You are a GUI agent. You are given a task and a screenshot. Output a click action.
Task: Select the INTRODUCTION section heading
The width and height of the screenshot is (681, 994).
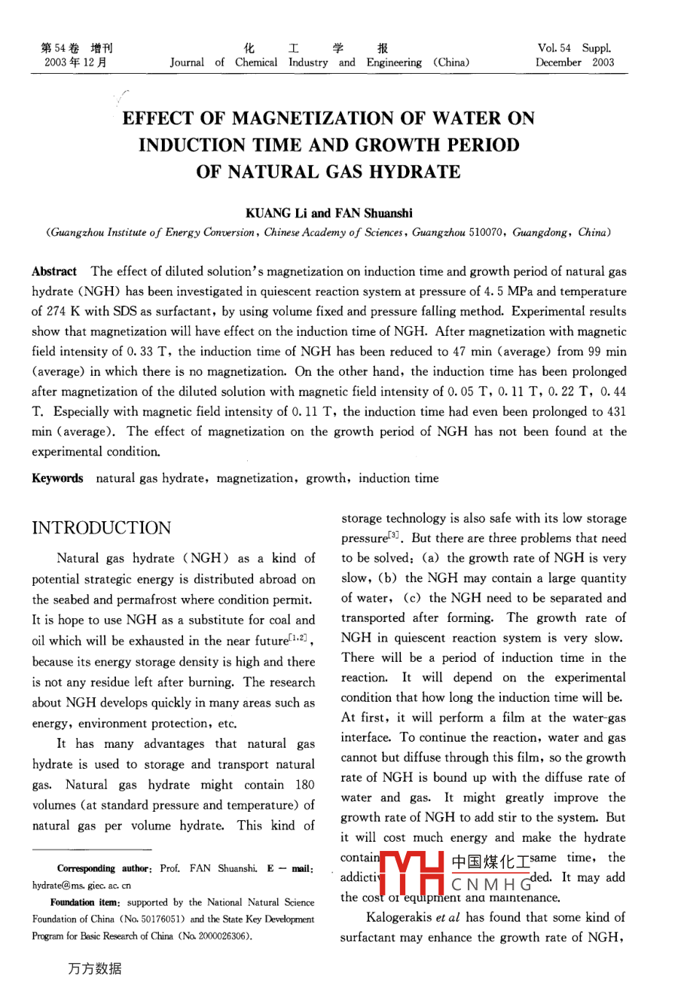coord(102,528)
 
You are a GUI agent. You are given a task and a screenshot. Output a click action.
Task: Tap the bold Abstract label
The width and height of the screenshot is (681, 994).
coord(54,271)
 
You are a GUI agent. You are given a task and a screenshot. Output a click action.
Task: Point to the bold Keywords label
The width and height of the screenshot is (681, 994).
coord(57,478)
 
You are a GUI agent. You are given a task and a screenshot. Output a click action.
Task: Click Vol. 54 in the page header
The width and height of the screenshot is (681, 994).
coord(554,48)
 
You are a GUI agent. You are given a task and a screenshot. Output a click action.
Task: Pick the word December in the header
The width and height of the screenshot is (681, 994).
coord(558,63)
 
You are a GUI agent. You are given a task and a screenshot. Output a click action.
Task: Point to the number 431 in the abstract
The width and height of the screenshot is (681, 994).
coord(615,411)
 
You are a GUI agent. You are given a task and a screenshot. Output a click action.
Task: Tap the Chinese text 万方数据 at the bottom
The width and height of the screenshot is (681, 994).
coord(94,968)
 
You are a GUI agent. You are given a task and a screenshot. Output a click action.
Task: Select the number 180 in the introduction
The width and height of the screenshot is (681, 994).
coord(305,785)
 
